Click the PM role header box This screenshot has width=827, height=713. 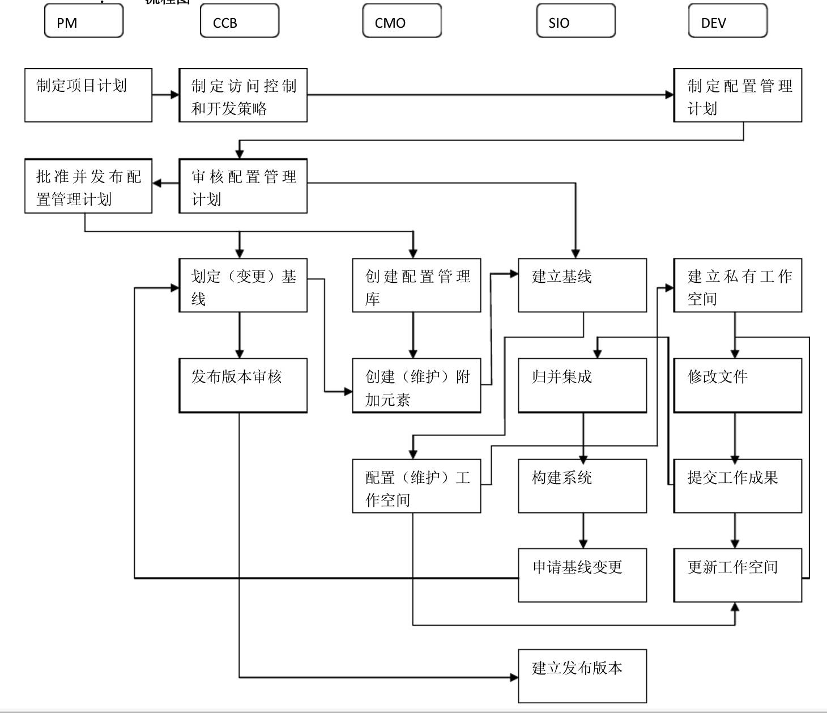[84, 22]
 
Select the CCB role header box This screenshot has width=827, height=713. [240, 22]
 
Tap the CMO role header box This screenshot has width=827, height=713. [402, 22]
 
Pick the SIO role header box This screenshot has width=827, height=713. [576, 22]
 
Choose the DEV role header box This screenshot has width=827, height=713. [727, 22]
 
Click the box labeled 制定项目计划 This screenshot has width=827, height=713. [88, 95]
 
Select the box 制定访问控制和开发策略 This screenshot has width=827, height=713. [243, 95]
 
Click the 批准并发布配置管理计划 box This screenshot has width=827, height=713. [88, 186]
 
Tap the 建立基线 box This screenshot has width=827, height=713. [582, 285]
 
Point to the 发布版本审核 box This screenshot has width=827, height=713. [243, 385]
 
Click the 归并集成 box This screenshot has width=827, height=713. [582, 385]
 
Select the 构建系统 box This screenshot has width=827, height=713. [582, 486]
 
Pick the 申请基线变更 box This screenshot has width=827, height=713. [582, 575]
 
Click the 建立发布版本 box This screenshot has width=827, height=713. [582, 676]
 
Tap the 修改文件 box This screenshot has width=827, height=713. [738, 385]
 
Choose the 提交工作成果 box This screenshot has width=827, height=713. [738, 486]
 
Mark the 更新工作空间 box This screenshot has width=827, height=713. [738, 575]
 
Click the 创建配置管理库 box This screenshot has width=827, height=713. [416, 285]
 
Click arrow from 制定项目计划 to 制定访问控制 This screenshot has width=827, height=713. [165, 95]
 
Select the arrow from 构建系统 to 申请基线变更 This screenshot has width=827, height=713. [583, 530]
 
